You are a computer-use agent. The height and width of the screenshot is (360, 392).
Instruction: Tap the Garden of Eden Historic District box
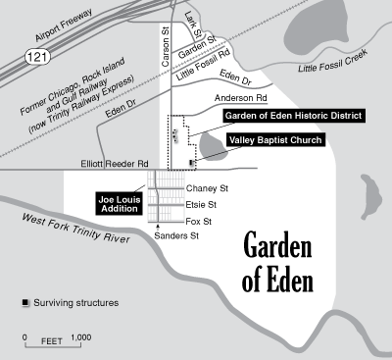[x=293, y=115]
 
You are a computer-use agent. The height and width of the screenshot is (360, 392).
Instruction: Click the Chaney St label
[x=206, y=188]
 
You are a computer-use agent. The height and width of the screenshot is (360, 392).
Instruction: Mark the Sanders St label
[x=176, y=236]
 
